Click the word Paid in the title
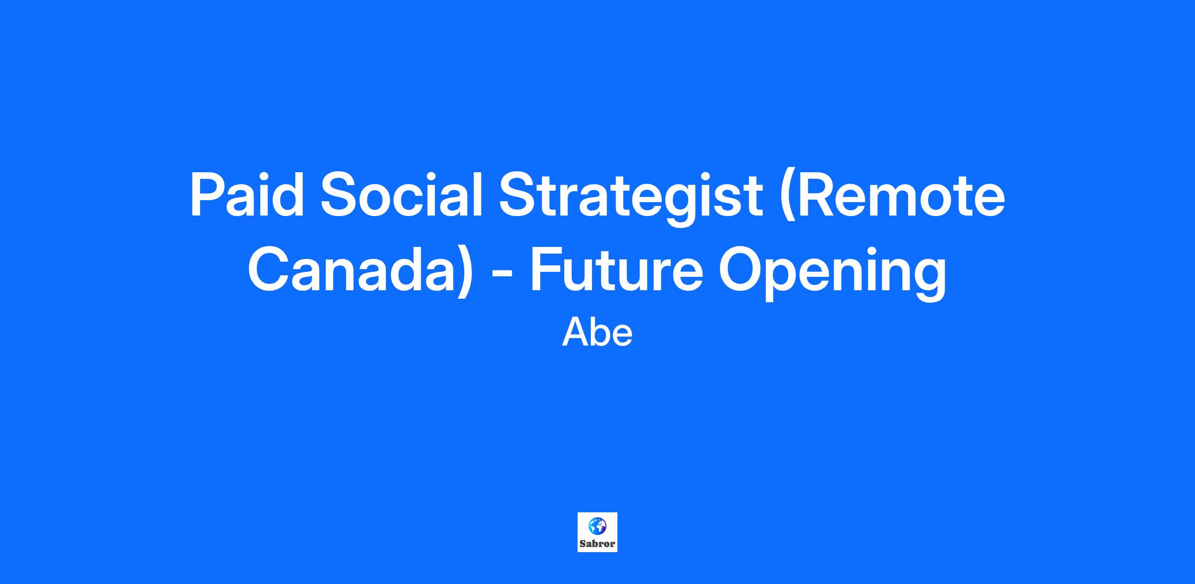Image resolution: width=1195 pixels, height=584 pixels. (x=247, y=194)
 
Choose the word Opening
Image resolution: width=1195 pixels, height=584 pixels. (x=833, y=273)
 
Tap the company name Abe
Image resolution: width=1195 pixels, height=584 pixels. (x=597, y=333)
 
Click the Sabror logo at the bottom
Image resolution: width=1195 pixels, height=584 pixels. (x=597, y=532)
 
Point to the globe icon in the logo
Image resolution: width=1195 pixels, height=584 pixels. (x=597, y=525)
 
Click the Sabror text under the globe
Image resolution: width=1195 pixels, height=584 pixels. (x=597, y=544)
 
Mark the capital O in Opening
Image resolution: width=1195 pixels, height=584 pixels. (x=741, y=269)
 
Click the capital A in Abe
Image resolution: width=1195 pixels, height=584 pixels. (x=575, y=333)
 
